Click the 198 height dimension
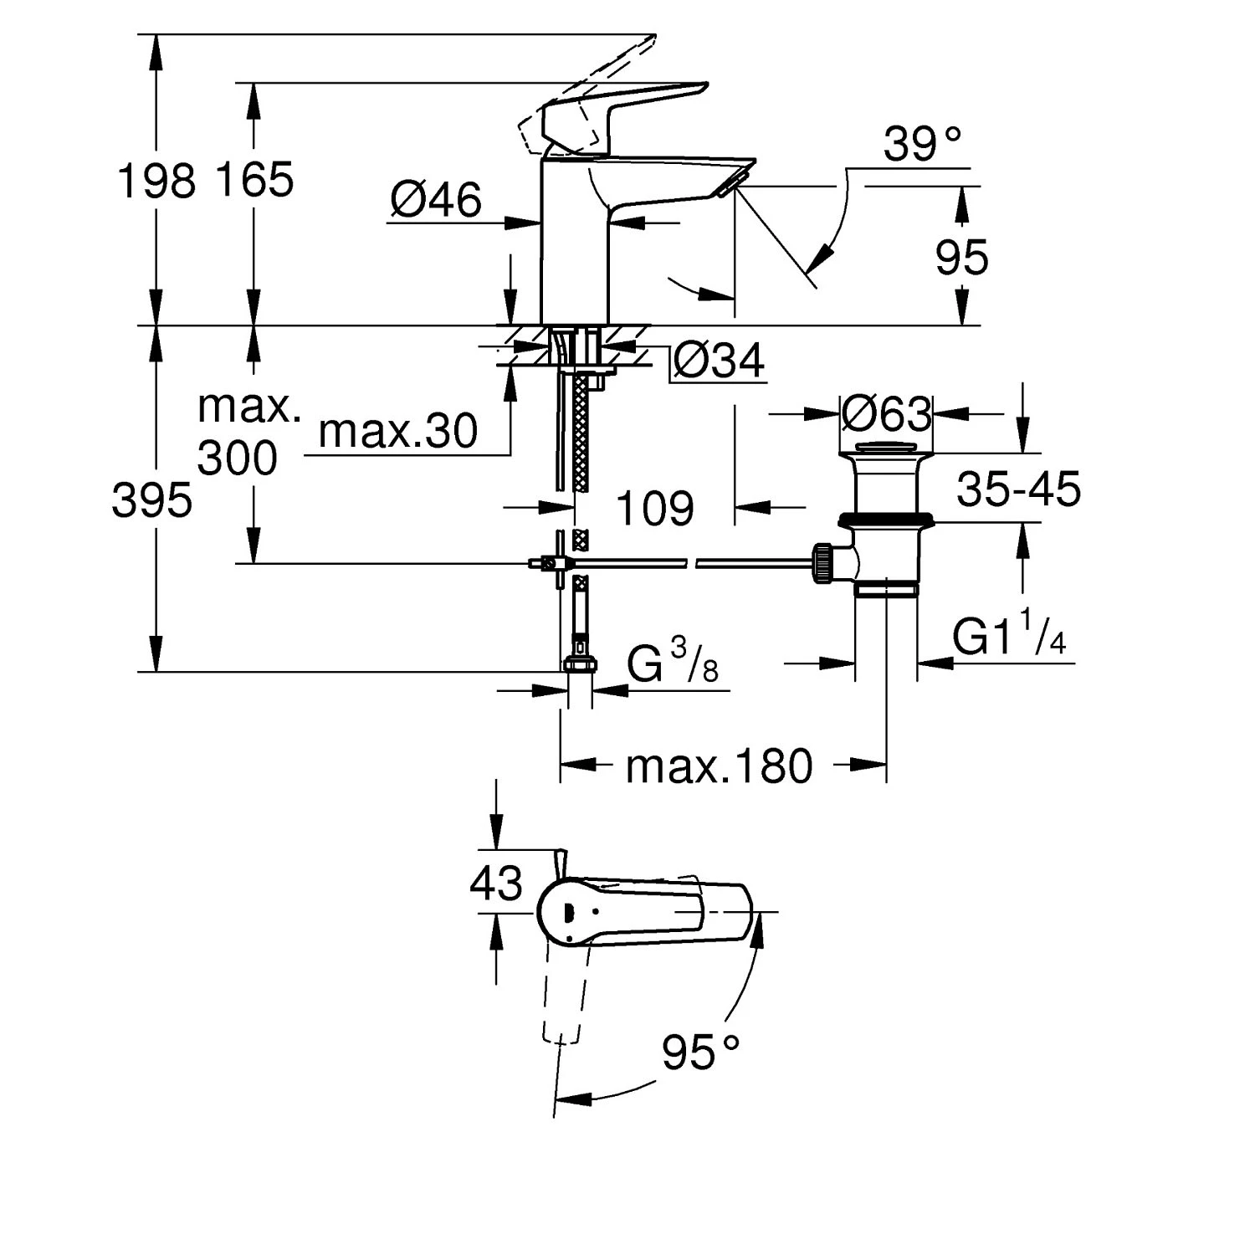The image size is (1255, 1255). (x=156, y=182)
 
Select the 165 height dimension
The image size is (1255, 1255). (x=254, y=179)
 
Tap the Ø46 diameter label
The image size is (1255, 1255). (x=436, y=201)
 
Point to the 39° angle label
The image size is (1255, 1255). (x=911, y=145)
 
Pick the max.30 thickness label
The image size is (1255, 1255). (x=398, y=432)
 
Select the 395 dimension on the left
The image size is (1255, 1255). (x=152, y=502)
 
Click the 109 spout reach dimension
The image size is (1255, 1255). (x=655, y=509)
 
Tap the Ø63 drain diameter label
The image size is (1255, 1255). (x=887, y=413)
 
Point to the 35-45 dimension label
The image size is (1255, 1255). (x=1018, y=489)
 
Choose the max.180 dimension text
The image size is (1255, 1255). (x=719, y=766)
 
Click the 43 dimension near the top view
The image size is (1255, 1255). (x=496, y=884)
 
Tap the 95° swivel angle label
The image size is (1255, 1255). (x=701, y=1052)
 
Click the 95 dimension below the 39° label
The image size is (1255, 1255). (x=961, y=258)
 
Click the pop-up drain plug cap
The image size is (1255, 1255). (x=887, y=445)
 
